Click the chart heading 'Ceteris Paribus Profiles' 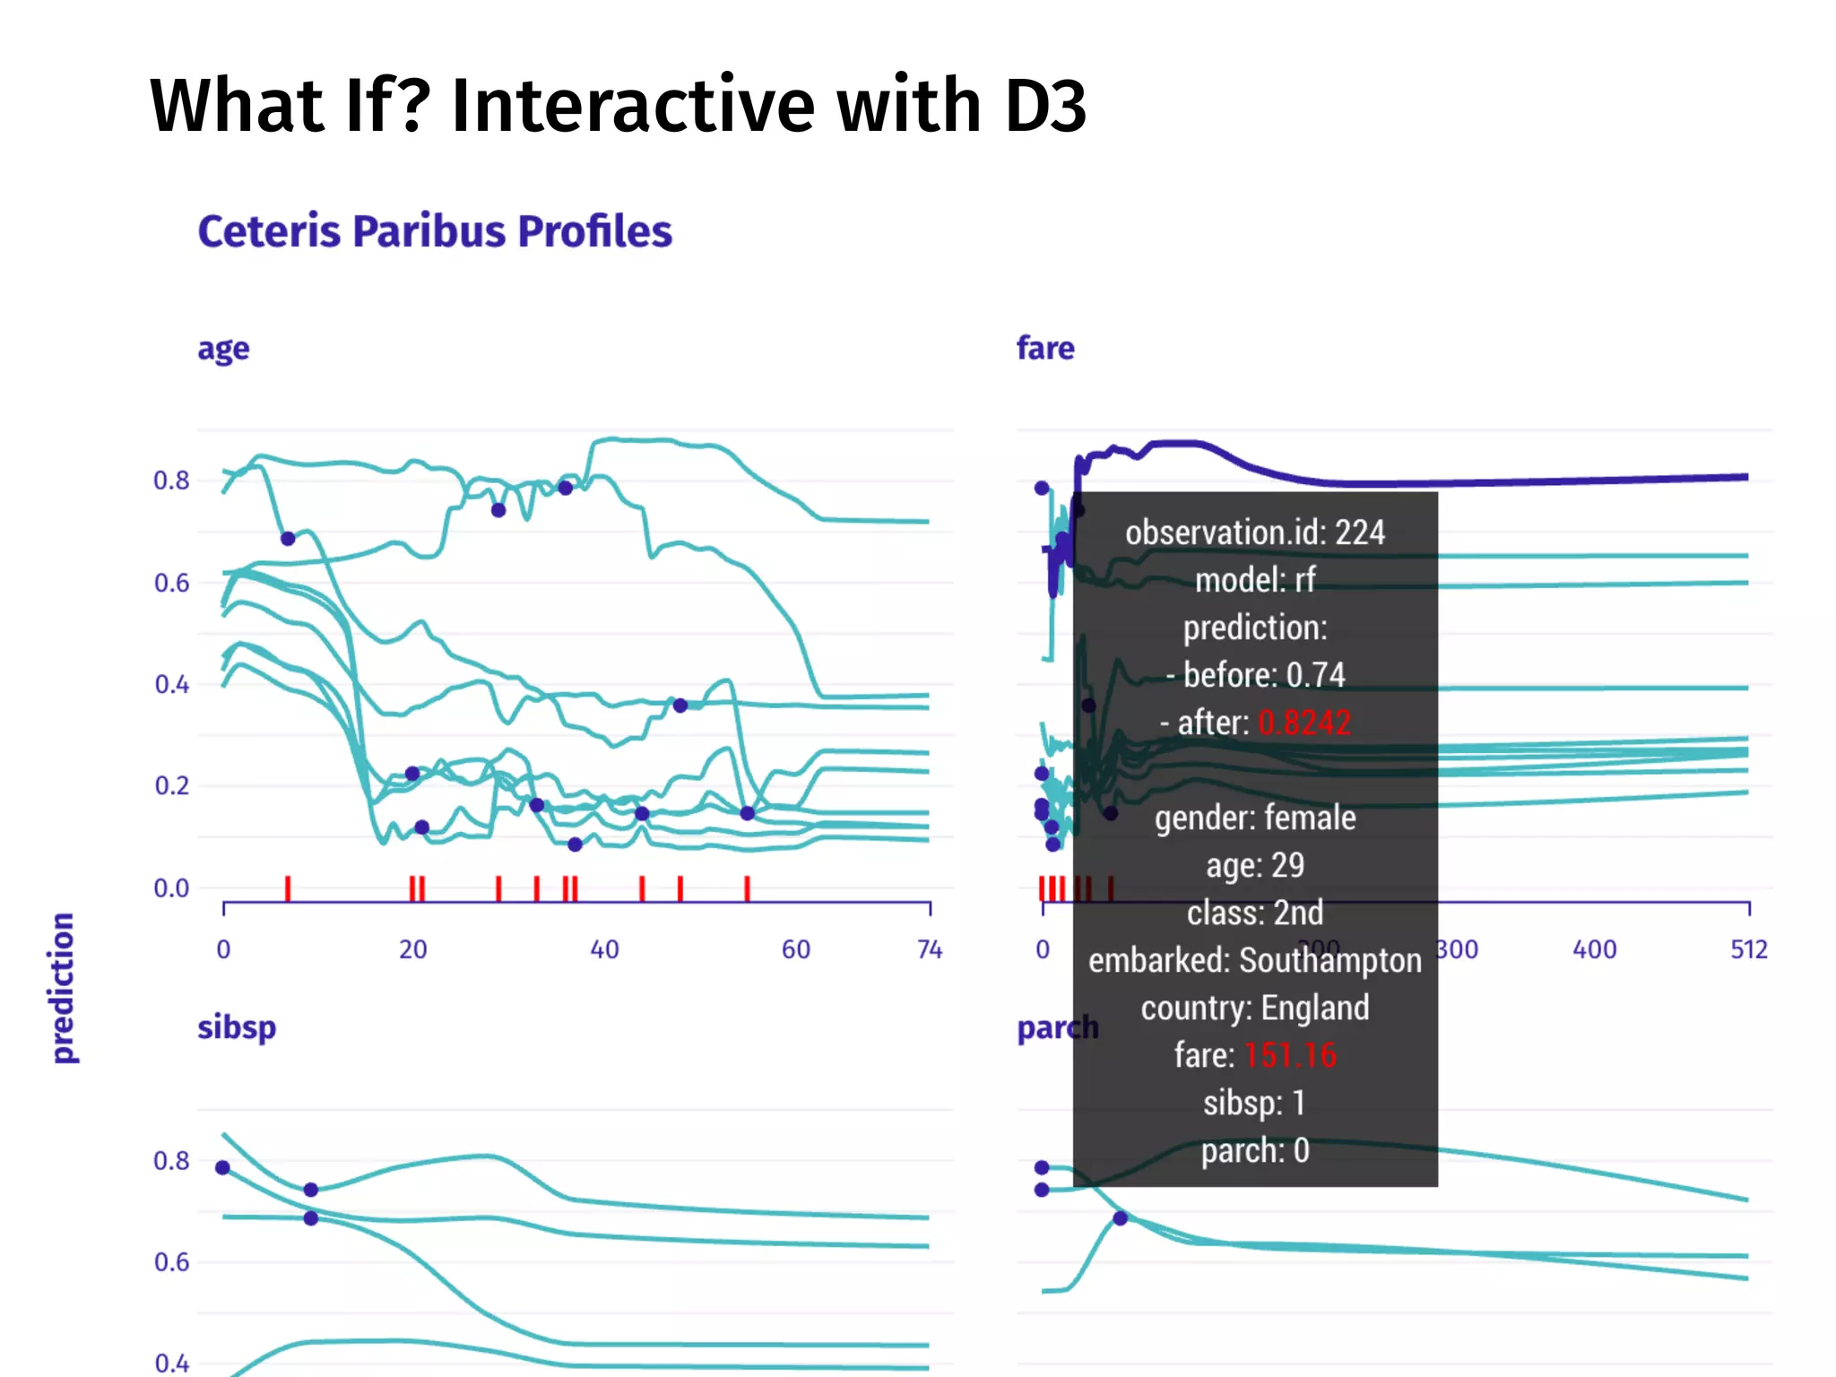click(x=435, y=231)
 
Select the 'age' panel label click(x=223, y=349)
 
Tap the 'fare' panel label click(x=1044, y=348)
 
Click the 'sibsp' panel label click(x=237, y=1027)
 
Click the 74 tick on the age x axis click(x=930, y=949)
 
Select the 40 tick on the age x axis click(x=604, y=949)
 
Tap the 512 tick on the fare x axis click(x=1748, y=949)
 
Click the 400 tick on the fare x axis click(x=1594, y=949)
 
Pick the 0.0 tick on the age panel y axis click(x=171, y=888)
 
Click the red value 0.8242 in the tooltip click(x=1304, y=723)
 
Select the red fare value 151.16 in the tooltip click(x=1290, y=1055)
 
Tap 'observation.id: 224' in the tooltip click(x=1255, y=533)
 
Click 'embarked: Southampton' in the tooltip click(x=1255, y=960)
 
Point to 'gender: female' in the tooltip click(x=1255, y=818)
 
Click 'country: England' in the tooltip click(x=1255, y=1008)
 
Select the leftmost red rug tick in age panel click(x=288, y=888)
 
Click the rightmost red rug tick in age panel click(x=747, y=888)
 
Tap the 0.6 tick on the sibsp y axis click(x=171, y=1262)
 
